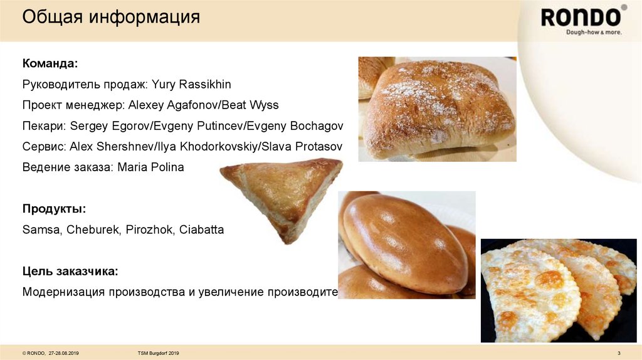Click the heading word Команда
point(50,63)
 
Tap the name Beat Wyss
point(255,105)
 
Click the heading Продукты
point(54,209)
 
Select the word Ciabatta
point(201,230)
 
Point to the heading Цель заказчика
point(70,271)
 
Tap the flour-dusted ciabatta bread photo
point(437,109)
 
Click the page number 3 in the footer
point(619,354)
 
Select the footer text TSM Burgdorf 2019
point(158,354)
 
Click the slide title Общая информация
point(111,17)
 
